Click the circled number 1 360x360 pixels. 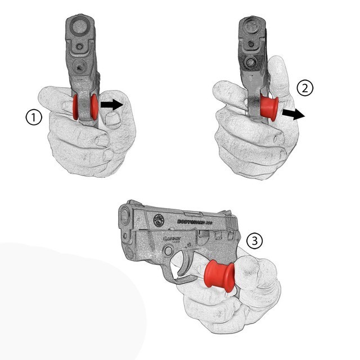pyautogui.click(x=34, y=118)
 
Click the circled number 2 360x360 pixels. pyautogui.click(x=304, y=88)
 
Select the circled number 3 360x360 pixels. pyautogui.click(x=254, y=242)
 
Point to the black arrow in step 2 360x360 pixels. pyautogui.click(x=292, y=114)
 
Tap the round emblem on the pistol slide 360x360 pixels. pyautogui.click(x=160, y=222)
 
